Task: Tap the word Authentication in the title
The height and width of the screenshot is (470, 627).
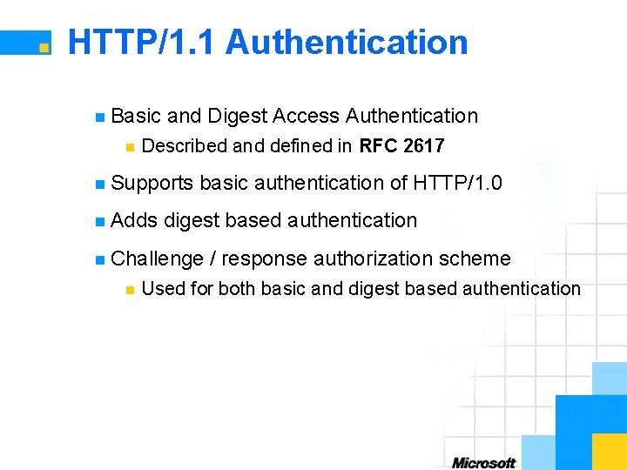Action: tap(347, 42)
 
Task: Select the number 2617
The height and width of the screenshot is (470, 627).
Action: tap(424, 145)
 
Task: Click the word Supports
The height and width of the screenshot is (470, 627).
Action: tap(152, 183)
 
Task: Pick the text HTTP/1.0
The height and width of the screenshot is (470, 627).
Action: tap(458, 183)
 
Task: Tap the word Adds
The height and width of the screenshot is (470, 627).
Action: tap(135, 220)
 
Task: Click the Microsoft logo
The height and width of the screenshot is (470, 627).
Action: tap(484, 463)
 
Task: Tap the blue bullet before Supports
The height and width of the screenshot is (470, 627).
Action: tap(100, 184)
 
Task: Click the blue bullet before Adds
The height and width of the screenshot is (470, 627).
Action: tap(100, 221)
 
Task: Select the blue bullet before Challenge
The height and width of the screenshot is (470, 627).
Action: tap(100, 259)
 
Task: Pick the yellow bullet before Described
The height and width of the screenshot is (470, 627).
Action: tap(129, 146)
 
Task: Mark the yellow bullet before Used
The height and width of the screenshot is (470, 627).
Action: tap(129, 289)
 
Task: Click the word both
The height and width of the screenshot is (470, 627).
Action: tap(237, 288)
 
